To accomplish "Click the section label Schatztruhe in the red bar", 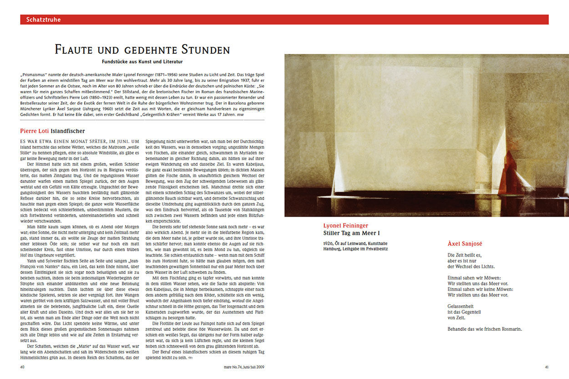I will [x=43, y=20].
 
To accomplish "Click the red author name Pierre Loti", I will [x=34, y=131].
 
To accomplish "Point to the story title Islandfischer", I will [x=68, y=131].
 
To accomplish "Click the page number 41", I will [x=546, y=367].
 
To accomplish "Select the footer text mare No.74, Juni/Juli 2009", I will [x=244, y=367].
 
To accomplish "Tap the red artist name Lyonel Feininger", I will [x=345, y=226].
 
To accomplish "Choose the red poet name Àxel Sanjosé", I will [x=464, y=244].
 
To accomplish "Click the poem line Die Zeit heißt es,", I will [x=464, y=255].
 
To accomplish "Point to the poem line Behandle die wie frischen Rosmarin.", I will [x=484, y=329].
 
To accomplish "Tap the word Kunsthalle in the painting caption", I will [x=379, y=243].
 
